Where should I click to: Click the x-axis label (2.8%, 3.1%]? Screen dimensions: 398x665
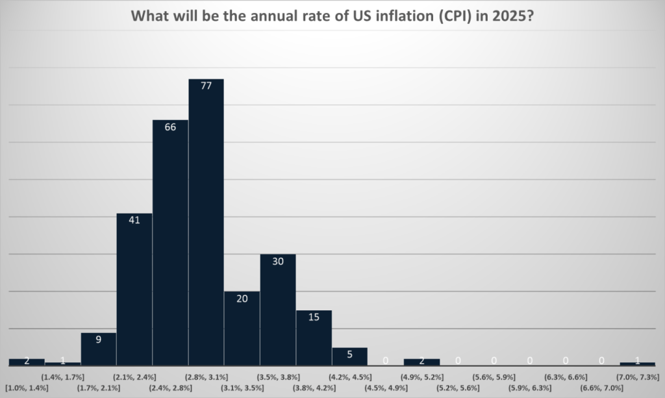coord(206,376)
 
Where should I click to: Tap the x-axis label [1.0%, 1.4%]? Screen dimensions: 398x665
coord(27,388)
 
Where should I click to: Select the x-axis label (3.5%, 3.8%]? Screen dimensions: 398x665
coord(278,376)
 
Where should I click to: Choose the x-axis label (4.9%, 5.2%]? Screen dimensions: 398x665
coord(421,376)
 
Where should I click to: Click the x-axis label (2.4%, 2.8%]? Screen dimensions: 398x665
coord(170,388)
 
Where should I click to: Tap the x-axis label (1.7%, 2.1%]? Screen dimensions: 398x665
coord(99,388)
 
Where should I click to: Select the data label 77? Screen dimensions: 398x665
coord(207,86)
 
